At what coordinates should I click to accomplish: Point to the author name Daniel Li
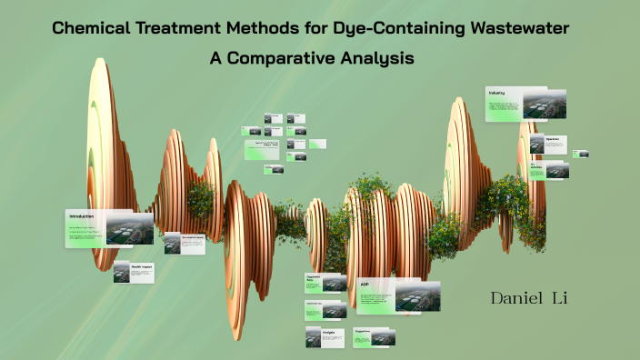(x=529, y=298)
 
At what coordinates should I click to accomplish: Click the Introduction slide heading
(x=80, y=216)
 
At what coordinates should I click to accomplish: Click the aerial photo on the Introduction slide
(x=129, y=229)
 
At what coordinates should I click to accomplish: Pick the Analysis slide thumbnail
(x=325, y=337)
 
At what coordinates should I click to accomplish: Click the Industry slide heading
(x=496, y=94)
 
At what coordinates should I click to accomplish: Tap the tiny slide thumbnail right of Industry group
(x=581, y=154)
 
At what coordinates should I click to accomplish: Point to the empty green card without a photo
(x=316, y=144)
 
